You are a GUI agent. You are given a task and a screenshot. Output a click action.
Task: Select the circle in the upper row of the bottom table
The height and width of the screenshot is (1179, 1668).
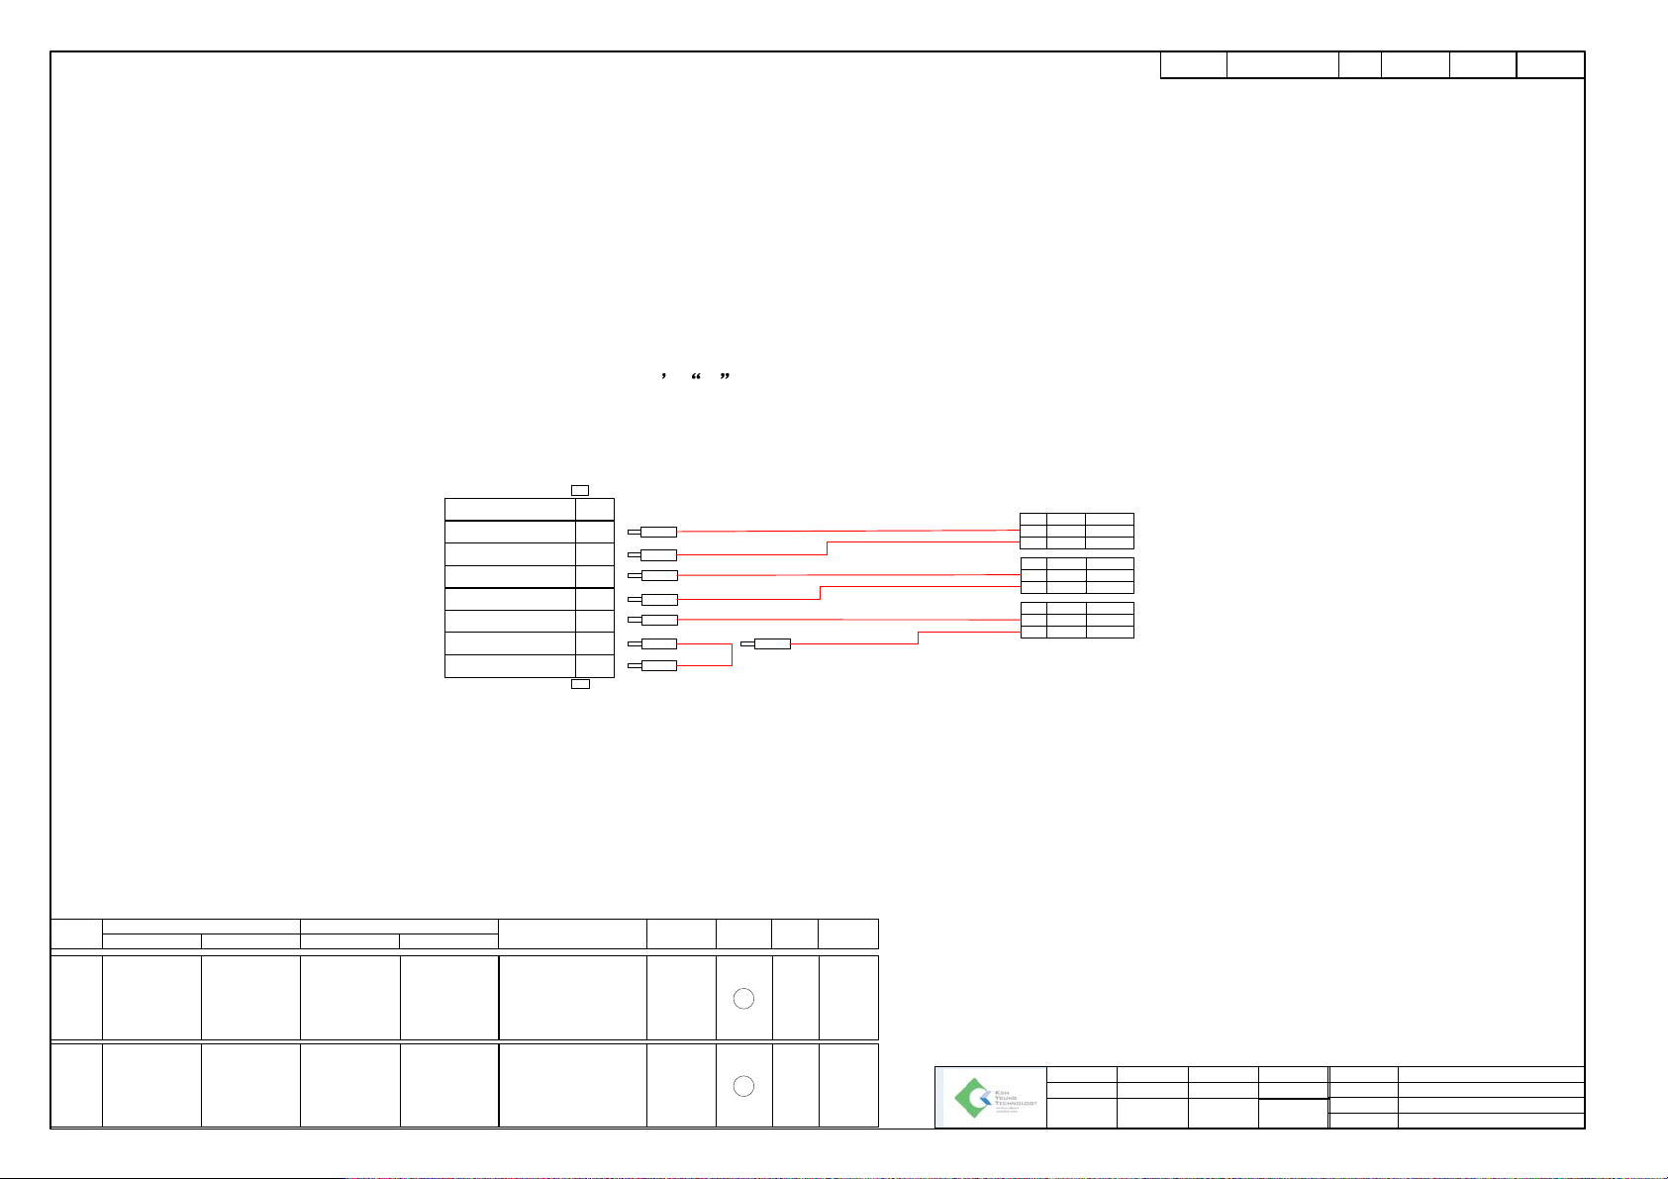(743, 999)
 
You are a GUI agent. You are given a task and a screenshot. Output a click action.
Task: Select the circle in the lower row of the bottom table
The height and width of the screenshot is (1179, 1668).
(743, 1086)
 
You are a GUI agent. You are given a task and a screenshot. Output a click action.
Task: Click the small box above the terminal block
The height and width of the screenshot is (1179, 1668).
(581, 489)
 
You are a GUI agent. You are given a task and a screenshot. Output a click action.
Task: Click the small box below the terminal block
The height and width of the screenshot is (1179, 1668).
(581, 684)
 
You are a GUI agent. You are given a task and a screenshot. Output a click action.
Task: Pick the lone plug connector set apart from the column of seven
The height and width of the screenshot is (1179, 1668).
(771, 644)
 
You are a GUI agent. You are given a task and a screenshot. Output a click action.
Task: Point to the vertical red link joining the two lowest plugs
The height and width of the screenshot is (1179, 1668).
(732, 654)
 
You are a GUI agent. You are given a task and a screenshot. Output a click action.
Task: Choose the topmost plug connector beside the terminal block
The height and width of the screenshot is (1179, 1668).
(657, 533)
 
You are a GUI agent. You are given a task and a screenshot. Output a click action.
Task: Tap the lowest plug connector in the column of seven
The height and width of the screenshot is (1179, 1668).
(657, 665)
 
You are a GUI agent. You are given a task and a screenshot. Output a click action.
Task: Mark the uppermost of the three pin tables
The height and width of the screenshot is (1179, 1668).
(1077, 531)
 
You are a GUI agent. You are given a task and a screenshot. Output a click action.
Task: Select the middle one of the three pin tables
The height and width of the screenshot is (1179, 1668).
(1077, 575)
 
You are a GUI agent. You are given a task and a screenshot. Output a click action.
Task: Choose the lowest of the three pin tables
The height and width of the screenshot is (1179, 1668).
(1077, 620)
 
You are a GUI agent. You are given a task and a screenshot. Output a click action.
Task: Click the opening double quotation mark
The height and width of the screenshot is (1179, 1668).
(696, 377)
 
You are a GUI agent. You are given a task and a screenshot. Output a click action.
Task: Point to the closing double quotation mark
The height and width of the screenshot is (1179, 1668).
(725, 377)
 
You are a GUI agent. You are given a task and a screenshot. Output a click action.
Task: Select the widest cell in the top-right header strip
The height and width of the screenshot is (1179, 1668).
(1282, 65)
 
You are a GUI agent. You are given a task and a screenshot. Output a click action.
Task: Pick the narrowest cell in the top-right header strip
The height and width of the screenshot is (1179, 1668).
(1360, 65)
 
